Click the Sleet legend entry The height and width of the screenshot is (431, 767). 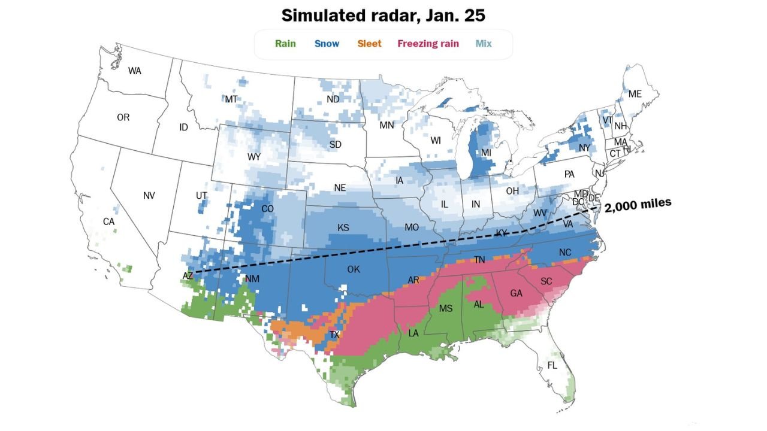[x=369, y=44]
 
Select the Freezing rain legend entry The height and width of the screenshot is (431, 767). [x=428, y=44]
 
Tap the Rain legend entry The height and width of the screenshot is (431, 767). [x=285, y=44]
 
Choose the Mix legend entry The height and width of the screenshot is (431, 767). [x=484, y=44]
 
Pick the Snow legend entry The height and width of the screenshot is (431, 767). [x=327, y=44]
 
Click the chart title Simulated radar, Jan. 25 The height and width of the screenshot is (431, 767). [x=383, y=16]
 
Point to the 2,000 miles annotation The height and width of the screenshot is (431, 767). [x=638, y=205]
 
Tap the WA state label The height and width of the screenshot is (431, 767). [x=135, y=71]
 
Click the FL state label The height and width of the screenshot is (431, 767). [x=552, y=365]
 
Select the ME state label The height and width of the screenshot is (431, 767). [x=635, y=94]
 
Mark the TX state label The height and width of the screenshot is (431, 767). [x=334, y=335]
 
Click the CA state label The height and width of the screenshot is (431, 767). [x=108, y=221]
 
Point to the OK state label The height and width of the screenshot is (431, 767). [x=354, y=269]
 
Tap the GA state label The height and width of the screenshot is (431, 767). [x=516, y=293]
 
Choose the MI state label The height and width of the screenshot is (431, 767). [x=486, y=153]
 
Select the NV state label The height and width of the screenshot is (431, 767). [x=149, y=196]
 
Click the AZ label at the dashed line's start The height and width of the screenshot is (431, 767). [x=188, y=276]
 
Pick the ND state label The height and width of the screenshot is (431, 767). [x=333, y=99]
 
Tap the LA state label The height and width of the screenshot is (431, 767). [x=413, y=333]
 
